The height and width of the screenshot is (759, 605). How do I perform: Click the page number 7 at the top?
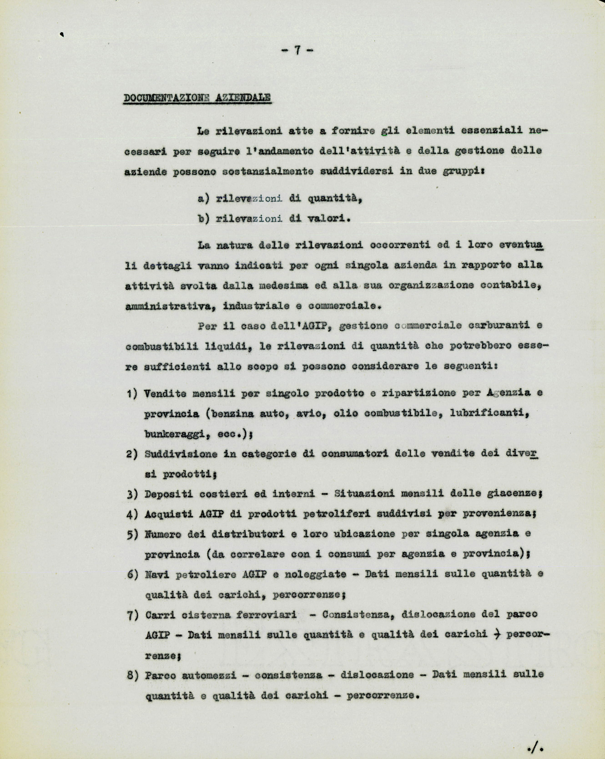(x=297, y=50)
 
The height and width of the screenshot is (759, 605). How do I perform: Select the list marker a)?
(x=203, y=198)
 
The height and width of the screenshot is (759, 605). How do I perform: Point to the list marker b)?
(x=203, y=218)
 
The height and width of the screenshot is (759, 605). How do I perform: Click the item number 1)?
(x=132, y=394)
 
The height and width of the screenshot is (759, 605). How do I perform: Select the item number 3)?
(x=132, y=494)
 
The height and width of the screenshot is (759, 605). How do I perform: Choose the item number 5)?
(x=132, y=534)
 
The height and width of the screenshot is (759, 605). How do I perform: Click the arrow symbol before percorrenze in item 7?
(x=497, y=634)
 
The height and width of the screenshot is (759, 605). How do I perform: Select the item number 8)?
(x=132, y=675)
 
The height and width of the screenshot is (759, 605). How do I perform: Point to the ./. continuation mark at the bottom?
(x=537, y=746)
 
